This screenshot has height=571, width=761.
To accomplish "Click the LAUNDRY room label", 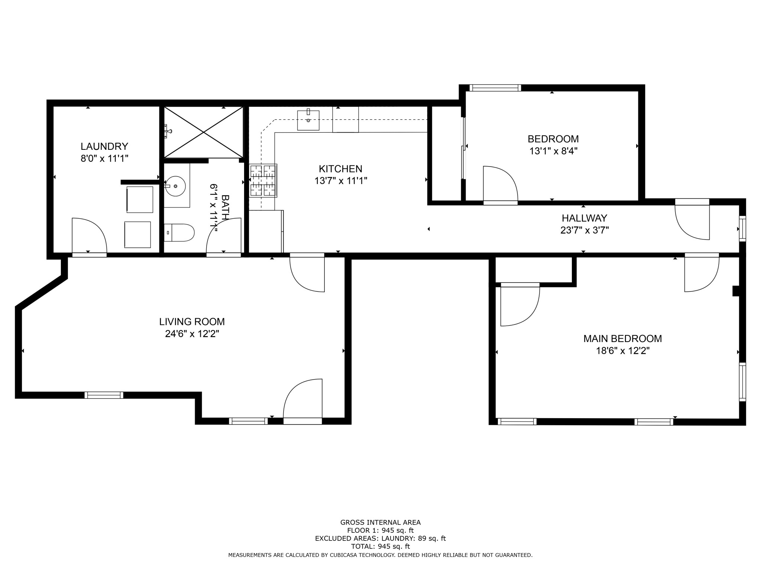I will (104, 146).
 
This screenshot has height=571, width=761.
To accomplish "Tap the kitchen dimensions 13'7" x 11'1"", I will (341, 181).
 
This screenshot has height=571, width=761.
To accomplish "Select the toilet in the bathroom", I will (179, 233).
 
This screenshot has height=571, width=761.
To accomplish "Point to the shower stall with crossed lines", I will (204, 132).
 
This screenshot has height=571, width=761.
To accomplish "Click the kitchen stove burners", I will (263, 181).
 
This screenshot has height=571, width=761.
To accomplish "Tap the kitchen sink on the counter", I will (308, 120).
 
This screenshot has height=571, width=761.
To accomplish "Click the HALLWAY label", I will (584, 218).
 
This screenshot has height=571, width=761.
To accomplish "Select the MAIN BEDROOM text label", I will (622, 339).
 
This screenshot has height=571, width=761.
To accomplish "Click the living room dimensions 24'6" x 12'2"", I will (192, 334).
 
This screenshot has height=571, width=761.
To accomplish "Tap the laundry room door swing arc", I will (89, 235).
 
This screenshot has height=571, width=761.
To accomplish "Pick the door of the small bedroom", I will (500, 184).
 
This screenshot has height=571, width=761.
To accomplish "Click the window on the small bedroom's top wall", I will (495, 88).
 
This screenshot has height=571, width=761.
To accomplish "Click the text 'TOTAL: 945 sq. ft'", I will (380, 546).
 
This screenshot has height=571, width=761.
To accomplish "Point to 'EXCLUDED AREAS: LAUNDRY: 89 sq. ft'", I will (380, 538).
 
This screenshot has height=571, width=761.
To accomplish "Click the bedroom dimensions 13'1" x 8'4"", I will (553, 151).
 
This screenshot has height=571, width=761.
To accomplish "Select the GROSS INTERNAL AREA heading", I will (380, 522).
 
